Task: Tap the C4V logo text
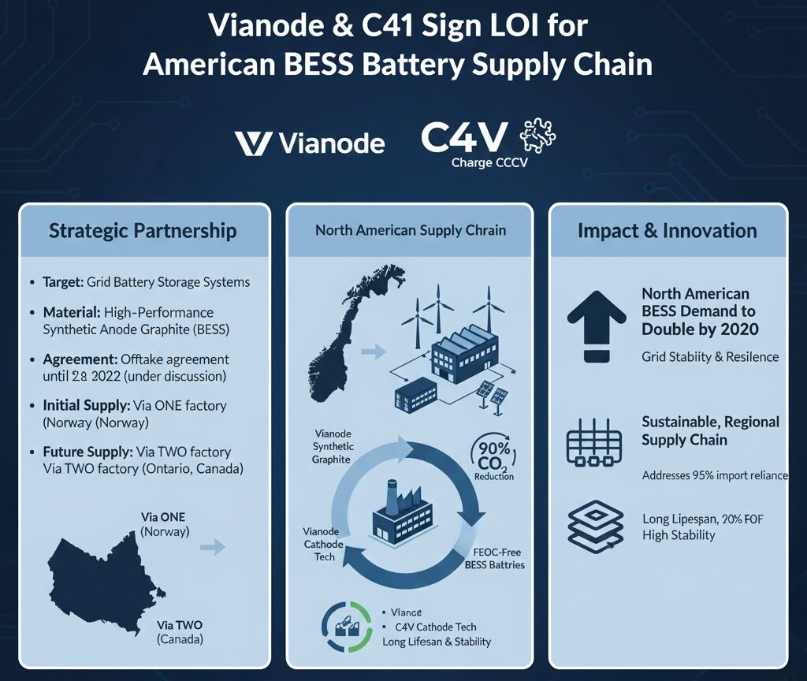click(464, 137)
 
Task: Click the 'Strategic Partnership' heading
click(143, 231)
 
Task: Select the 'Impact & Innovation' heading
click(668, 231)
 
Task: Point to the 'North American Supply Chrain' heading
click(411, 230)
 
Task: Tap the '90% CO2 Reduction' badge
click(493, 456)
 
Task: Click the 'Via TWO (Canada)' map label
click(180, 632)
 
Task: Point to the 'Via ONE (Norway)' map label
click(164, 524)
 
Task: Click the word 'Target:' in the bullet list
click(63, 282)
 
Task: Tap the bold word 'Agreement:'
click(80, 359)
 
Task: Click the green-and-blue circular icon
click(347, 626)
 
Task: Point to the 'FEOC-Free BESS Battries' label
click(495, 559)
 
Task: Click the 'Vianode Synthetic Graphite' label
click(333, 446)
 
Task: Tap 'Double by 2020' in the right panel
click(700, 329)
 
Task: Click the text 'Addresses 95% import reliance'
click(715, 475)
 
